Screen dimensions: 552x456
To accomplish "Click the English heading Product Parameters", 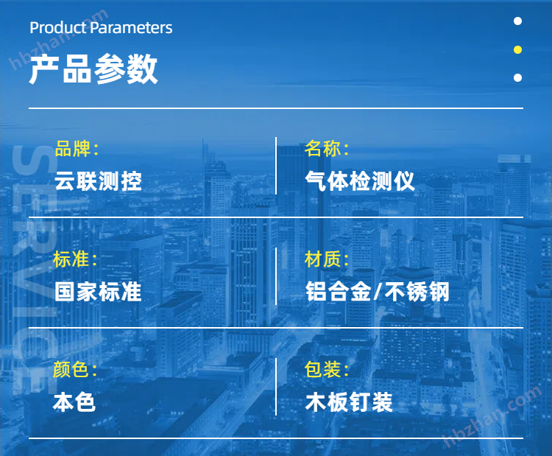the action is pyautogui.click(x=101, y=28).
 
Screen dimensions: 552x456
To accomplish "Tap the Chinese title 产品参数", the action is pyautogui.click(x=93, y=69).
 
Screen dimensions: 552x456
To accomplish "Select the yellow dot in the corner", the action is pyautogui.click(x=517, y=49).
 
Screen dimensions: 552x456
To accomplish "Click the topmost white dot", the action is pyautogui.click(x=517, y=21).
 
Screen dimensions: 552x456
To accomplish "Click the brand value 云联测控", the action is pyautogui.click(x=98, y=181).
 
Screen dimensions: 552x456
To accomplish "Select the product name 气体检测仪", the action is pyautogui.click(x=360, y=181).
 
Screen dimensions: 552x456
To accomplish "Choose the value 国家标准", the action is pyautogui.click(x=98, y=292).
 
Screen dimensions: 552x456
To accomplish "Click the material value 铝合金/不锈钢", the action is pyautogui.click(x=377, y=292).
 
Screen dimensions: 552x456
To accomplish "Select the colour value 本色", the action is pyautogui.click(x=74, y=402).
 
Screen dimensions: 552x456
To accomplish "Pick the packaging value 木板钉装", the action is pyautogui.click(x=349, y=402).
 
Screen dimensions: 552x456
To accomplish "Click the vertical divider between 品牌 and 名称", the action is pyautogui.click(x=276, y=166).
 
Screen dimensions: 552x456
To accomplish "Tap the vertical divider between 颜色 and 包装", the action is pyautogui.click(x=276, y=387).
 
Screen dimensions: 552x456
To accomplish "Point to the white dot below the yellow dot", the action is pyautogui.click(x=517, y=77).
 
